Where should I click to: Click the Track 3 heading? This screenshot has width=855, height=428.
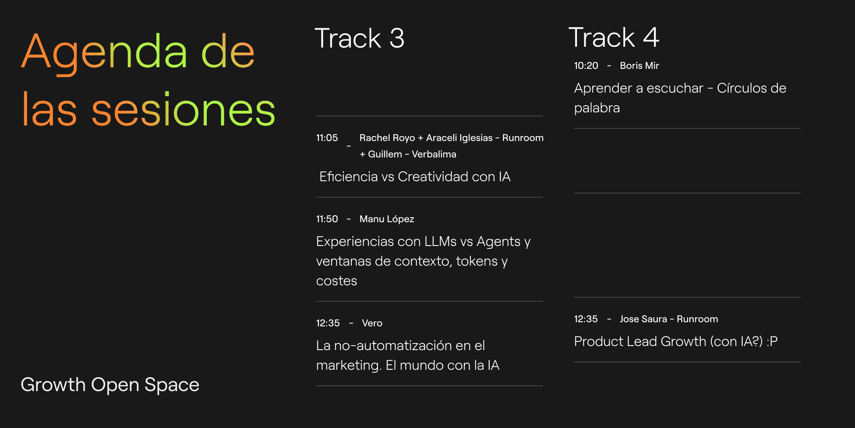click(x=360, y=38)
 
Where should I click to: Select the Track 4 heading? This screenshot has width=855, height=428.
click(x=614, y=37)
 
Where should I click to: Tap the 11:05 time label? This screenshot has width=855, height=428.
click(x=327, y=138)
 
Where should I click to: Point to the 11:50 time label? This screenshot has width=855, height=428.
click(x=327, y=219)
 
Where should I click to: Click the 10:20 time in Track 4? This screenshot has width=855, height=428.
click(x=586, y=66)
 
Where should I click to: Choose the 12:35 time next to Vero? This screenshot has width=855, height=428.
click(x=328, y=323)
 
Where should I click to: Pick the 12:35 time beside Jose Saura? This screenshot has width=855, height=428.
click(x=586, y=319)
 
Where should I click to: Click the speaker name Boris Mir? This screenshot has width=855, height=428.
click(x=639, y=66)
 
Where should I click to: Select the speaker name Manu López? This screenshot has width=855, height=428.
click(x=387, y=219)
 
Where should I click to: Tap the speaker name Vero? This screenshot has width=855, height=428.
click(x=372, y=323)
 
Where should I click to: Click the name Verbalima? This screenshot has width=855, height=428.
click(x=434, y=154)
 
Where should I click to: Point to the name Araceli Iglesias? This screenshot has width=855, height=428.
click(x=459, y=138)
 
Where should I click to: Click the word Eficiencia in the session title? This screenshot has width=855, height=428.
click(x=348, y=177)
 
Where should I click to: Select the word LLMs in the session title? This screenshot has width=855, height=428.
click(x=440, y=241)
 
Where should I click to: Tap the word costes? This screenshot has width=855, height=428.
click(x=337, y=281)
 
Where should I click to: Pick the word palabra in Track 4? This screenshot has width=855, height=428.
click(x=597, y=108)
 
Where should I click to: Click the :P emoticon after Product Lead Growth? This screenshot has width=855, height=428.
click(x=772, y=341)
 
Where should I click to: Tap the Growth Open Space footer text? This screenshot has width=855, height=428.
click(x=110, y=385)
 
